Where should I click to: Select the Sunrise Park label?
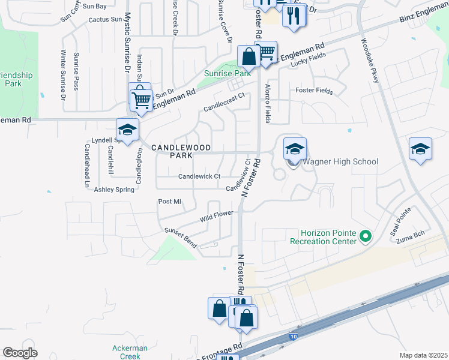226,73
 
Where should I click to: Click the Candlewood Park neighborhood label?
172,151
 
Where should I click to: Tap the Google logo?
20,353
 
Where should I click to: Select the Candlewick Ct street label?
200,176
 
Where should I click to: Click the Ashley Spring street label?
114,190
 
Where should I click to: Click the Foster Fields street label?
313,91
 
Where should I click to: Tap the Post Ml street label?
169,202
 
